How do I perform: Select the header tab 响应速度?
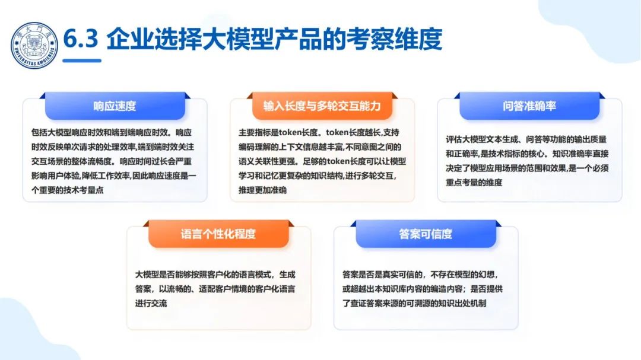click(x=115, y=106)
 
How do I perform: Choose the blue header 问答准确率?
click(x=529, y=106)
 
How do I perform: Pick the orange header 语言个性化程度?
click(x=218, y=234)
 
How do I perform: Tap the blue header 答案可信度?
click(x=426, y=234)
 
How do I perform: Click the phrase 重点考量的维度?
click(x=474, y=182)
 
